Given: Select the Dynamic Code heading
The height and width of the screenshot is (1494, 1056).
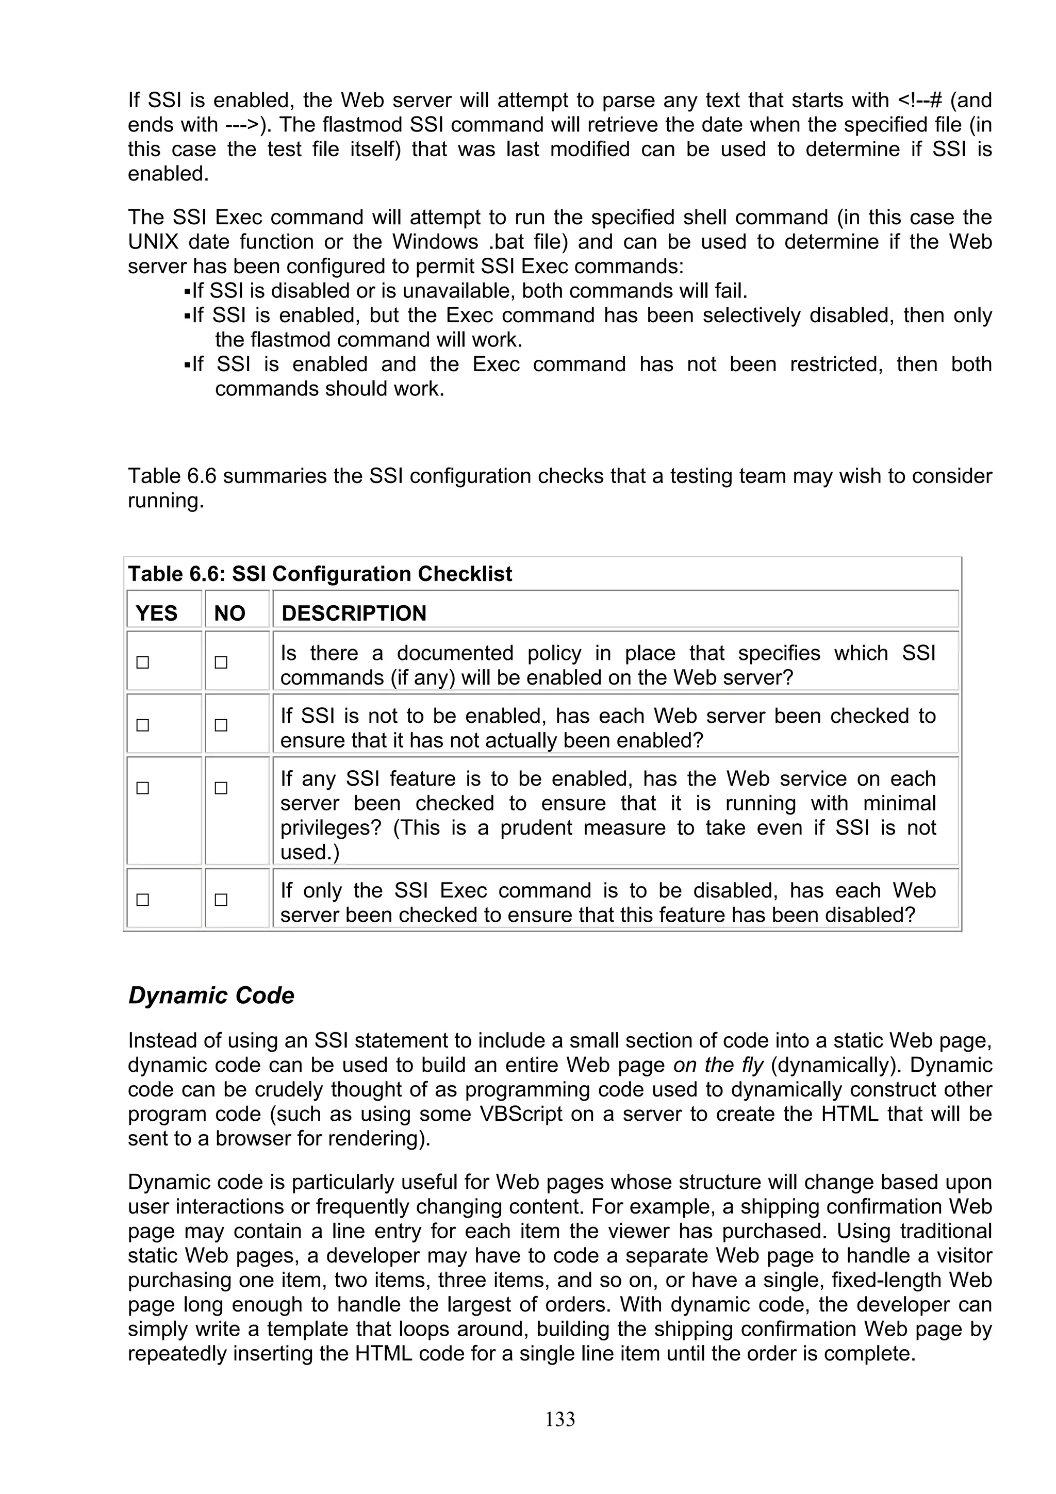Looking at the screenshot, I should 211,995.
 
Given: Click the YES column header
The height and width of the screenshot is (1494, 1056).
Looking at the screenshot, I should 156,613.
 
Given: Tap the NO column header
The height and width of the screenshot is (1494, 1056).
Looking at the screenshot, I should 229,613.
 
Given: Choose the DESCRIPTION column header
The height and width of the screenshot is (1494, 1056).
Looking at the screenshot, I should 353,613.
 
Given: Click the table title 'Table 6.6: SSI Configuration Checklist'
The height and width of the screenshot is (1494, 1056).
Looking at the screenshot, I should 320,574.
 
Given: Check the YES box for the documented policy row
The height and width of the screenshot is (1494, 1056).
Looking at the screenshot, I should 142,662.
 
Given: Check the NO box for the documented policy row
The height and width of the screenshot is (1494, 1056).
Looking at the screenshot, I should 221,662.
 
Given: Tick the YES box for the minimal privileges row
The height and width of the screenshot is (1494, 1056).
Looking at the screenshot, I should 142,788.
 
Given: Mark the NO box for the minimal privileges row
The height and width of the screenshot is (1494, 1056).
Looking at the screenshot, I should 221,788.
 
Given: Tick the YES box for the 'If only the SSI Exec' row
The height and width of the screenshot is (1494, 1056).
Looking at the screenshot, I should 142,900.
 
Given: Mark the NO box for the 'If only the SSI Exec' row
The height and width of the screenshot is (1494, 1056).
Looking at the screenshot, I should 221,900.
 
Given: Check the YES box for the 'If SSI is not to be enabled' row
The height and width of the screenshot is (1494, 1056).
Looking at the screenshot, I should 142,725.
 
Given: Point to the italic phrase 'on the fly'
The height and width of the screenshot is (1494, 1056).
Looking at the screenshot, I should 718,1065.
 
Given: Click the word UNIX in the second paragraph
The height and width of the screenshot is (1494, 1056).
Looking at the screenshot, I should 153,242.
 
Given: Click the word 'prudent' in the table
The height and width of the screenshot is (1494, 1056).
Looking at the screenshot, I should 536,828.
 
